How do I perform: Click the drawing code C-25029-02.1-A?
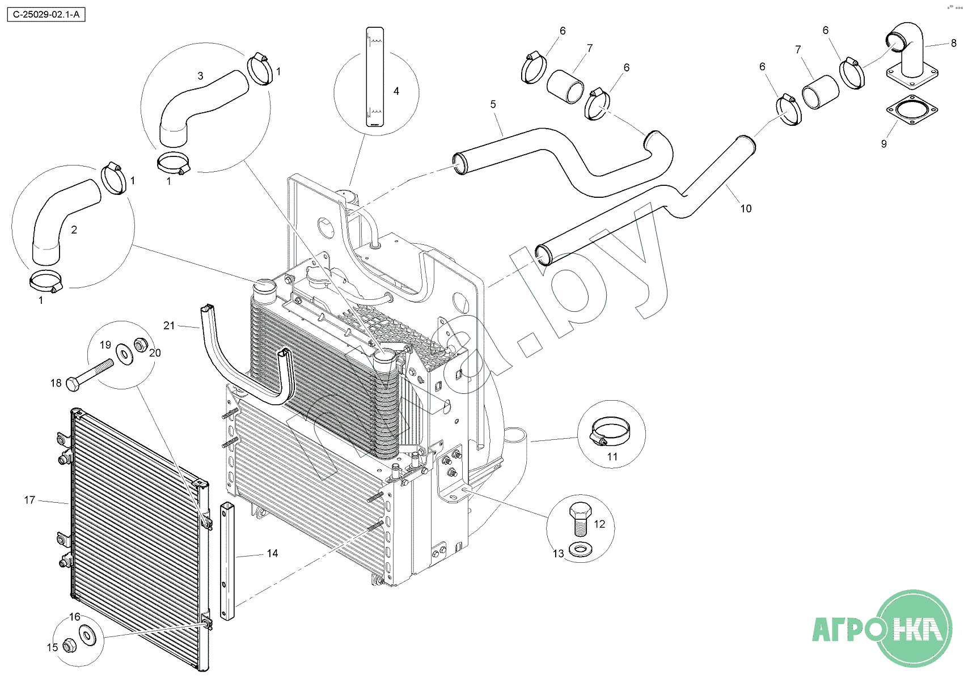(46, 15)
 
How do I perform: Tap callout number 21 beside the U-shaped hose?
(169, 325)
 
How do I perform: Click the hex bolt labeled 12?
(580, 518)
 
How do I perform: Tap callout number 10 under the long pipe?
(746, 209)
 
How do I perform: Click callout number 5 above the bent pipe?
(493, 104)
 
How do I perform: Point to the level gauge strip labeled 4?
(375, 77)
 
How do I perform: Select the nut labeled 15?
(70, 645)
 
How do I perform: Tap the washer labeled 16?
(87, 634)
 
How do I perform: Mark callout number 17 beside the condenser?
(29, 500)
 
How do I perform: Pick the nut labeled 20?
(140, 343)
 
